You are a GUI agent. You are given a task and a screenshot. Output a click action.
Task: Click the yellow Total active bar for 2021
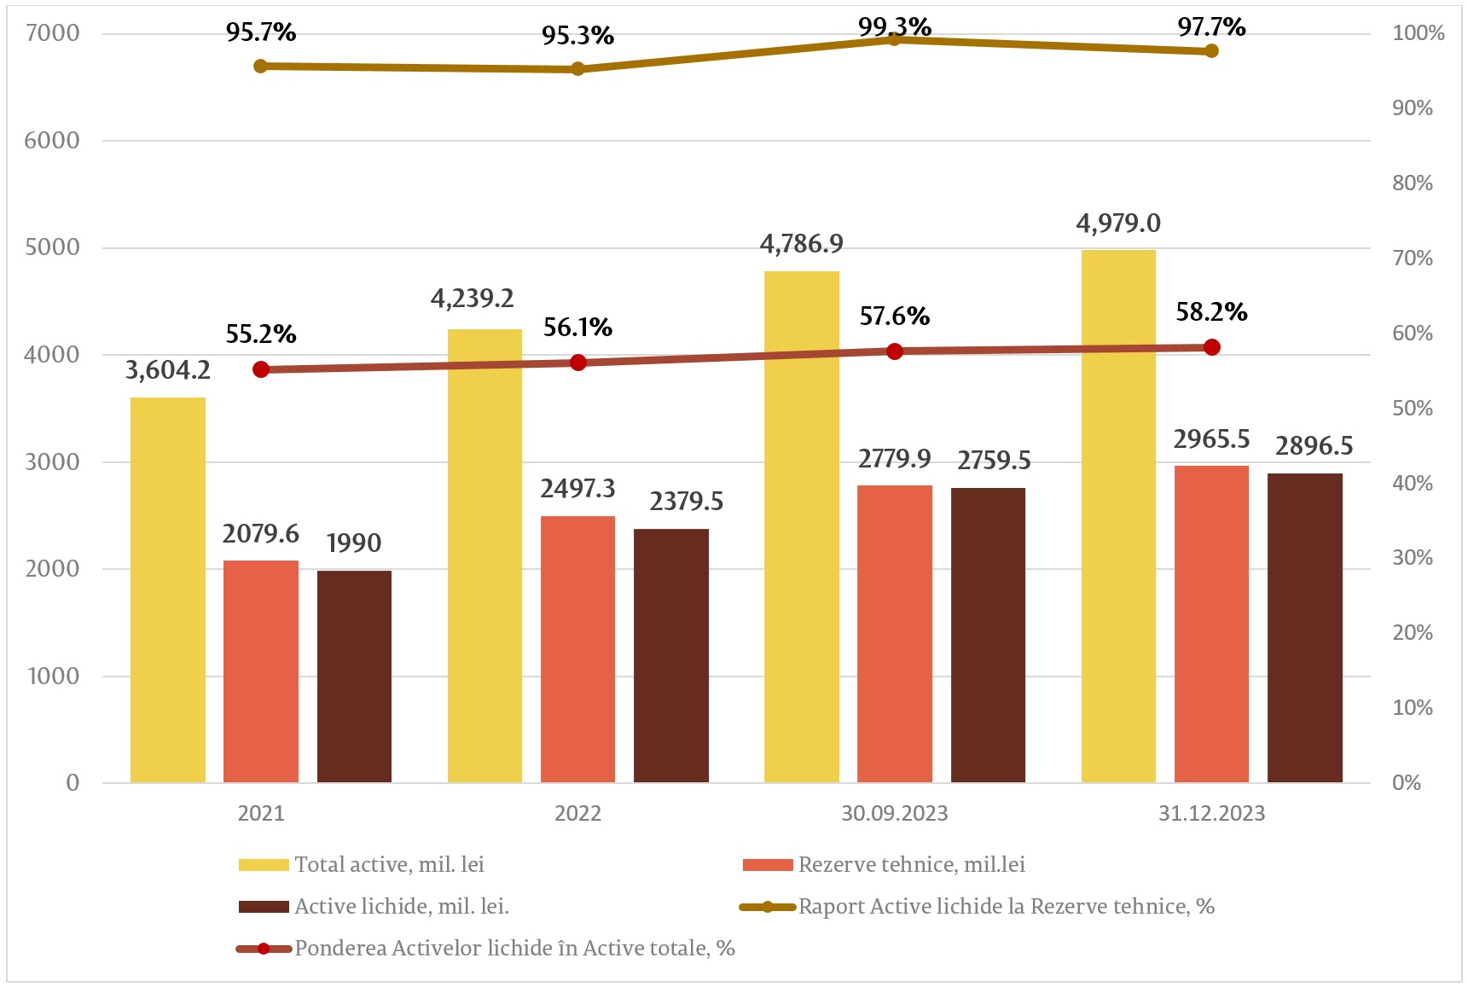pos(167,589)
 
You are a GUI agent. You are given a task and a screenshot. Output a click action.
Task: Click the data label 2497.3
pos(577,489)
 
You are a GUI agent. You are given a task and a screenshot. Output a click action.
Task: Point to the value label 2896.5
pos(1314,446)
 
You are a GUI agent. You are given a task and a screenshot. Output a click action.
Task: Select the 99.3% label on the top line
pos(894,26)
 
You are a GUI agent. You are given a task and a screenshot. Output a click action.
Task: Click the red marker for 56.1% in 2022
pos(577,363)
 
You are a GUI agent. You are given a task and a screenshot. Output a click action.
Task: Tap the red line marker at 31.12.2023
pos(1211,347)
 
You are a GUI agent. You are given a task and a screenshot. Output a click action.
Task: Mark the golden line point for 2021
pos(261,66)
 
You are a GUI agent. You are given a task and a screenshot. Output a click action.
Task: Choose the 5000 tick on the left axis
pos(52,247)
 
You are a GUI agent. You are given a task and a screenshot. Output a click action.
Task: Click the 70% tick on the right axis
pos(1412,258)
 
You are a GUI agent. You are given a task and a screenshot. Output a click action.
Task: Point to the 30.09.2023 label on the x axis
pos(894,813)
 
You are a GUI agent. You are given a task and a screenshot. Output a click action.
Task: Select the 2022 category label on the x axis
pos(577,813)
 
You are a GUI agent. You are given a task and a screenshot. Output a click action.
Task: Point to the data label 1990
pos(354,543)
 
